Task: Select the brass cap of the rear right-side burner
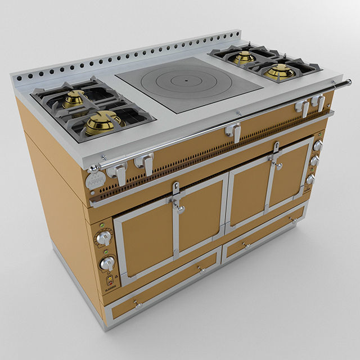pyautogui.click(x=245, y=56)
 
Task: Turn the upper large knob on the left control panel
pyautogui.click(x=102, y=238)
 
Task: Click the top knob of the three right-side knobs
pyautogui.click(x=317, y=146)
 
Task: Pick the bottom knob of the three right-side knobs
pyautogui.click(x=310, y=179)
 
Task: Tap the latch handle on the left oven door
pyautogui.click(x=179, y=208)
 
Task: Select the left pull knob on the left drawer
pyautogui.click(x=137, y=304)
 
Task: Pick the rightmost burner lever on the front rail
pyautogui.click(x=320, y=103)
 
